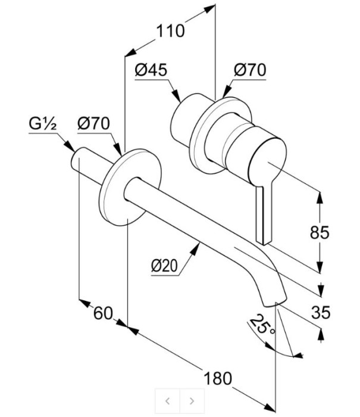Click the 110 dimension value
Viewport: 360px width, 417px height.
[170, 30]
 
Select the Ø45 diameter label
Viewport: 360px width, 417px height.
[151, 70]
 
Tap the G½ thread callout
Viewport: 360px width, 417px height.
[42, 124]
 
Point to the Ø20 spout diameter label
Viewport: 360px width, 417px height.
[164, 266]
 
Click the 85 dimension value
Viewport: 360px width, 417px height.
[320, 232]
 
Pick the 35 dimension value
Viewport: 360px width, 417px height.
[321, 312]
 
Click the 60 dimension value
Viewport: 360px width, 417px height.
[103, 313]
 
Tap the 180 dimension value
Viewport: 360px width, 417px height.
[218, 378]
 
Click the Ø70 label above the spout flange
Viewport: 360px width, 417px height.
[93, 123]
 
